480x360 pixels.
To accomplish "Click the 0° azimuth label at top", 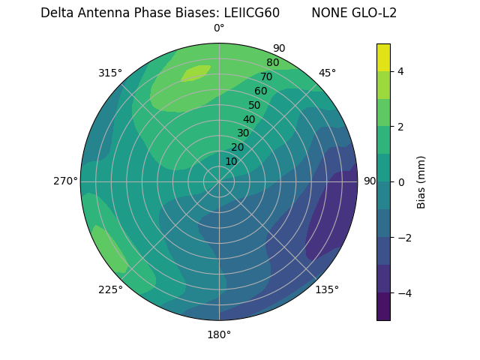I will (x=219, y=28).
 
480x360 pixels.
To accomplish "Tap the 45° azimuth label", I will (x=327, y=73).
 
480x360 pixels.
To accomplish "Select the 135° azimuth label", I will (x=327, y=289).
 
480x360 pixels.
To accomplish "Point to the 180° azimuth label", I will (x=219, y=334).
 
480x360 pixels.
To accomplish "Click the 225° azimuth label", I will (x=110, y=289).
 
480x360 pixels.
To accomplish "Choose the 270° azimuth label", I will (x=65, y=181).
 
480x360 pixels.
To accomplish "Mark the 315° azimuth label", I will (x=110, y=73).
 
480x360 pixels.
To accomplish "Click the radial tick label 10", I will (x=231, y=161).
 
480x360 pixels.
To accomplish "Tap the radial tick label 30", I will (x=243, y=133).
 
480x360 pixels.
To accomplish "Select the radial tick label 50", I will (x=255, y=105).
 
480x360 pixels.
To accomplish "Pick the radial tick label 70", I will (x=266, y=76).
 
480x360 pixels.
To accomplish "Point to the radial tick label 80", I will (x=272, y=62).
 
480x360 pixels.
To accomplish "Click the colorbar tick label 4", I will (x=401, y=71).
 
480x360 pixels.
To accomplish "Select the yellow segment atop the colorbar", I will (x=383, y=58).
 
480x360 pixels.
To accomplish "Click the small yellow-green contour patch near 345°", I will (x=195, y=73).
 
